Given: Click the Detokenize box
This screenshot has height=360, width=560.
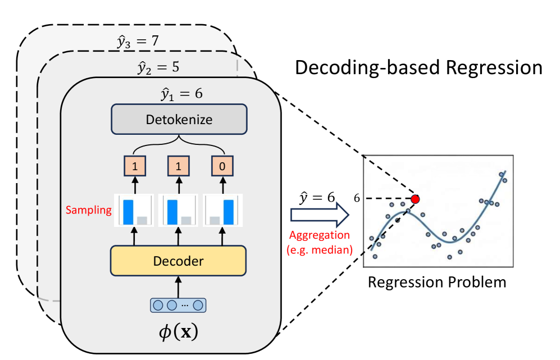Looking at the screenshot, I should click(x=179, y=120).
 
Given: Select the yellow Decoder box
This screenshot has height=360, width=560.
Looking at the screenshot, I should click(x=179, y=261).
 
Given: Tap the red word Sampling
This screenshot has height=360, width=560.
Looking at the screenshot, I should click(x=88, y=210).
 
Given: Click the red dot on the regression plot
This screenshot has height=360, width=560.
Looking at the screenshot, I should click(x=415, y=199).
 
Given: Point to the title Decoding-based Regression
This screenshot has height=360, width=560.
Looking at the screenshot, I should click(x=418, y=67).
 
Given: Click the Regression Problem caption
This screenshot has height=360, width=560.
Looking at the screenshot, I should click(x=436, y=281).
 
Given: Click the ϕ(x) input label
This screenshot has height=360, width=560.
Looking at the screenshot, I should click(x=179, y=331).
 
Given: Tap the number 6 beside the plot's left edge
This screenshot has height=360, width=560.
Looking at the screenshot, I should click(x=356, y=198).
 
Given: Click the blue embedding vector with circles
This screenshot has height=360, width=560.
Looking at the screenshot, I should click(x=179, y=305).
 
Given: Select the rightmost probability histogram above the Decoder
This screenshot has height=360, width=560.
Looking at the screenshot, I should click(x=224, y=210).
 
